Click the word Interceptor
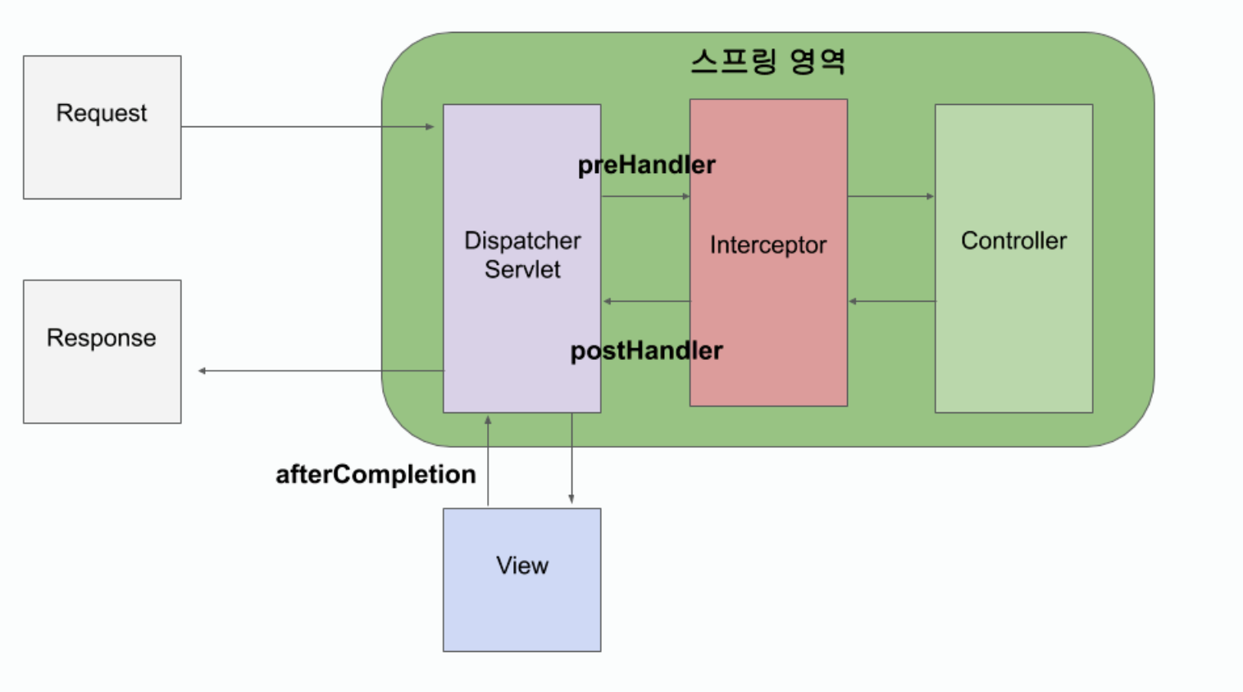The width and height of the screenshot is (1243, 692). [767, 245]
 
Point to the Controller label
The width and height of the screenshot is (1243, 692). [1013, 240]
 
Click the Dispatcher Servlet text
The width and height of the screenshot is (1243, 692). [522, 254]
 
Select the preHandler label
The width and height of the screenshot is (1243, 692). [646, 165]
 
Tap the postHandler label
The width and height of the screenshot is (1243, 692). [646, 351]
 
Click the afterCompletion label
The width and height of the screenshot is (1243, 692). [376, 474]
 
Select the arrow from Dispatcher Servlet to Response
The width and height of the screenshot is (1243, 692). [320, 371]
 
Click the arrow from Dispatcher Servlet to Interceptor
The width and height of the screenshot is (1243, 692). [645, 196]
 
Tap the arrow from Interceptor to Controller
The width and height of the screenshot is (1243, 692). [890, 196]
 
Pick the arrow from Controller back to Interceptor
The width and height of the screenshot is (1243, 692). [892, 301]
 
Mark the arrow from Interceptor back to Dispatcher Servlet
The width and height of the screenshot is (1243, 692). [647, 301]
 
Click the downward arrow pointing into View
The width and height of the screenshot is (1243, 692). [571, 459]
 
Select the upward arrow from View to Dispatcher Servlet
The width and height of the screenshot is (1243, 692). [488, 459]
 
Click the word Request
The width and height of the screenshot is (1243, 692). [102, 113]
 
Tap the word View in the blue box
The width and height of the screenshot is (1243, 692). [521, 565]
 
